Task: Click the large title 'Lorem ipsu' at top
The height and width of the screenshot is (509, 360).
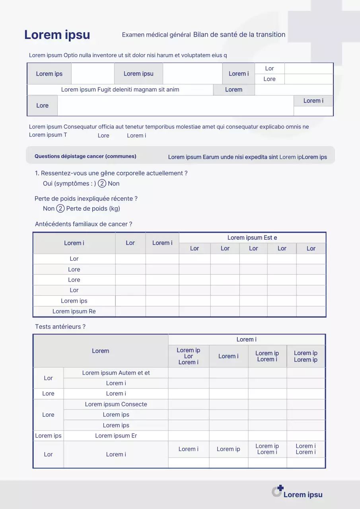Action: pos(57,35)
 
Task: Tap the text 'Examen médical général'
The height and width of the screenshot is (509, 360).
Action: pos(156,35)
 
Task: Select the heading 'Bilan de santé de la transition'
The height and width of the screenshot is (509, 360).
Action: pos(239,35)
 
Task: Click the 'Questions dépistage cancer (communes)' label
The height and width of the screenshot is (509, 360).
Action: pos(85,156)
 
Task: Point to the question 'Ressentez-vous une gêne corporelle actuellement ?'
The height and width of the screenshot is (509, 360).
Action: pos(114,173)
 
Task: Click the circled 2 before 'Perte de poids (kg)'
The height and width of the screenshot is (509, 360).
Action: pos(60,208)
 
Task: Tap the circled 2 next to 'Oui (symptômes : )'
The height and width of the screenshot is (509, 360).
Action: pos(102,183)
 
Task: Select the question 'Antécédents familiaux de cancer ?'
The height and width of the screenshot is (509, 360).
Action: pos(84,224)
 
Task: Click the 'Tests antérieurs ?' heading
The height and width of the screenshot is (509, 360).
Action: pos(60,327)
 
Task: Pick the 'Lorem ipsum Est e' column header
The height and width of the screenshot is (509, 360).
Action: pos(252,238)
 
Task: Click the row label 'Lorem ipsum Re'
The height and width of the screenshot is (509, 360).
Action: pos(74,311)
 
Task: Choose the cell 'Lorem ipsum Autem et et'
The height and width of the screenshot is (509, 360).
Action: pos(116,373)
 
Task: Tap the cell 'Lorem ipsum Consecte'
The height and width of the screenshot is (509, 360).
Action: pos(116,404)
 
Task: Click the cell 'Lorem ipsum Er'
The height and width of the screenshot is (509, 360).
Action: pos(116,436)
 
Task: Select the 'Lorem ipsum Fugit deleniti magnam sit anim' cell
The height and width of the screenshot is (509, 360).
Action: pos(120,90)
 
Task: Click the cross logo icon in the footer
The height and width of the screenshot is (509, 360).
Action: pos(277,491)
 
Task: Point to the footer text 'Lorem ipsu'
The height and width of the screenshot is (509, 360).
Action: pos(303,495)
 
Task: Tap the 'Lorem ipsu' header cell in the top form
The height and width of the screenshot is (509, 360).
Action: pos(138,74)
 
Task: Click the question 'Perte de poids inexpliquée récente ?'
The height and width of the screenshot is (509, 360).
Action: pos(86,199)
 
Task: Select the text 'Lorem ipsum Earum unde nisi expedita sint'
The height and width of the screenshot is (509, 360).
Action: pos(223,157)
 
